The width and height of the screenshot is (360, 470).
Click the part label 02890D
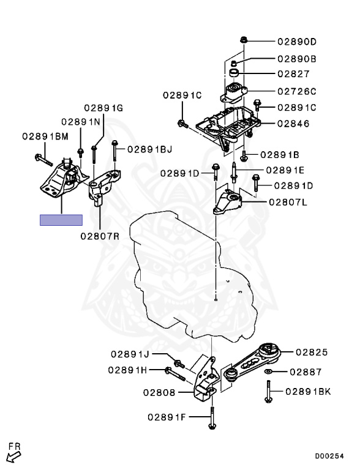tap(297, 42)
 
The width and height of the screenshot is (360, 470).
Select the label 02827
tap(293, 73)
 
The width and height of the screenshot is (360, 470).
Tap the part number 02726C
tap(297, 91)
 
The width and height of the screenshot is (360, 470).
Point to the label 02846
tap(293, 124)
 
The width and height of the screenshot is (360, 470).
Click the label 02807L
tap(288, 202)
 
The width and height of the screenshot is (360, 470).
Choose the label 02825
tap(312, 352)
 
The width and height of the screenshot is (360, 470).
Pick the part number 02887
tap(306, 372)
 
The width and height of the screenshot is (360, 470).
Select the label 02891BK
tap(308, 392)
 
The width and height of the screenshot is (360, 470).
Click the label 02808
tap(159, 392)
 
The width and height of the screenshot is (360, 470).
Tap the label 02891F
tap(167, 417)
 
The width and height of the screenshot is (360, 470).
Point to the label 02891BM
tap(45, 136)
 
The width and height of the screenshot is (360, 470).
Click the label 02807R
tap(100, 236)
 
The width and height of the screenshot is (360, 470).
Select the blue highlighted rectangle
tap(61, 220)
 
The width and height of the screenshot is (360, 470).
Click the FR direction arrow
tap(13, 457)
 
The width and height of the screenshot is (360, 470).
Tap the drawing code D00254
tap(329, 456)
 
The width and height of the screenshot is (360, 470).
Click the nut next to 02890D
tap(243, 39)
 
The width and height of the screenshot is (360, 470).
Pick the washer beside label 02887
tap(268, 371)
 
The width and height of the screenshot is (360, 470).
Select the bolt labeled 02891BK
tap(268, 391)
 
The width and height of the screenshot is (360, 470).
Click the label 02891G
tap(103, 108)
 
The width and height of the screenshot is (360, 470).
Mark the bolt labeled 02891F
tap(212, 418)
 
